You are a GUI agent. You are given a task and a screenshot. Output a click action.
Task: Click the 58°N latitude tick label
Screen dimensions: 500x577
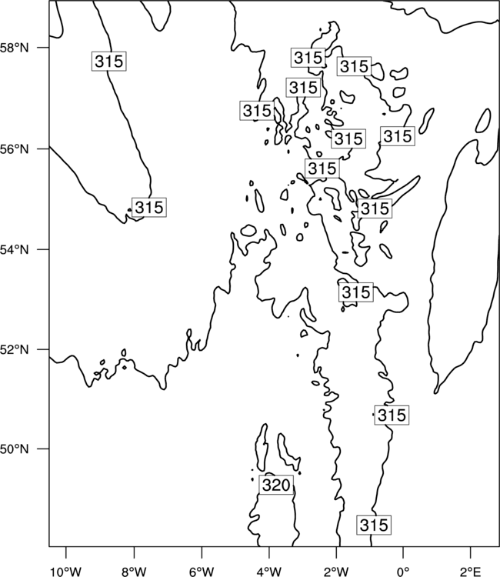pyautogui.click(x=15, y=48)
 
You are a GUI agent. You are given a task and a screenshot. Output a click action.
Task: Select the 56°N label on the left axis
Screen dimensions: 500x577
pyautogui.click(x=15, y=149)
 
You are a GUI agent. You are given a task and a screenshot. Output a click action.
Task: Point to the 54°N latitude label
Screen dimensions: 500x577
pyautogui.click(x=15, y=250)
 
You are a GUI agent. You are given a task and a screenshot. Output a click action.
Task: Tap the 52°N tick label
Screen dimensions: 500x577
pyautogui.click(x=15, y=349)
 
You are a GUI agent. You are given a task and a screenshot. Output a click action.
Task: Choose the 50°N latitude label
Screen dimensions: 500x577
pyautogui.click(x=15, y=449)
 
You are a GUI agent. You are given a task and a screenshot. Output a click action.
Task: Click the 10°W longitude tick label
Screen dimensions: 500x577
pyautogui.click(x=66, y=572)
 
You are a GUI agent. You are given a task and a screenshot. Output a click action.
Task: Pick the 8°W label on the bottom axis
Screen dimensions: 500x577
pyautogui.click(x=134, y=572)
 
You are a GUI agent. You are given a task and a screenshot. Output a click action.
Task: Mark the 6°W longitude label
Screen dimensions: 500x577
pyautogui.click(x=202, y=572)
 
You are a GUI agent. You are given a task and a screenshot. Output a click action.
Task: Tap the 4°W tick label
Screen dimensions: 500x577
pyautogui.click(x=269, y=572)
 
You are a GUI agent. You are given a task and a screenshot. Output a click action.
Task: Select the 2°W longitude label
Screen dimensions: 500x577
pyautogui.click(x=336, y=572)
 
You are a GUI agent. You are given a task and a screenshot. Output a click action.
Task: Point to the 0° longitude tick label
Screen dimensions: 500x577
pyautogui.click(x=403, y=572)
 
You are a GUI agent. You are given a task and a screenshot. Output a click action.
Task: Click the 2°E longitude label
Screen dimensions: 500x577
pyautogui.click(x=471, y=572)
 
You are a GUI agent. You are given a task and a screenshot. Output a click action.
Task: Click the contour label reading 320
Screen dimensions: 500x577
pyautogui.click(x=276, y=485)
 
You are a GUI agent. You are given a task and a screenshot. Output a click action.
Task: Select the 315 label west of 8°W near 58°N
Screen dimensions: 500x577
pyautogui.click(x=108, y=61)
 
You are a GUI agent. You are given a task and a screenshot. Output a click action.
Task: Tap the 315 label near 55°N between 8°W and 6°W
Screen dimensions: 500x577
pyautogui.click(x=148, y=207)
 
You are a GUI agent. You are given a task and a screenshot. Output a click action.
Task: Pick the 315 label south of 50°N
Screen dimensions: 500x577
pyautogui.click(x=374, y=525)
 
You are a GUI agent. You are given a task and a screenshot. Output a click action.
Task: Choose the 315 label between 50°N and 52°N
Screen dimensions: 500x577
pyautogui.click(x=392, y=415)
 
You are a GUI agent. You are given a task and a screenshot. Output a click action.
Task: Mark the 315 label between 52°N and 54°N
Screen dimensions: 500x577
pyautogui.click(x=355, y=292)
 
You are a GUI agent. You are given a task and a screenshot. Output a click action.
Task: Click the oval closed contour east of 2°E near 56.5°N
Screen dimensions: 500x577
pyautogui.click(x=483, y=120)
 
